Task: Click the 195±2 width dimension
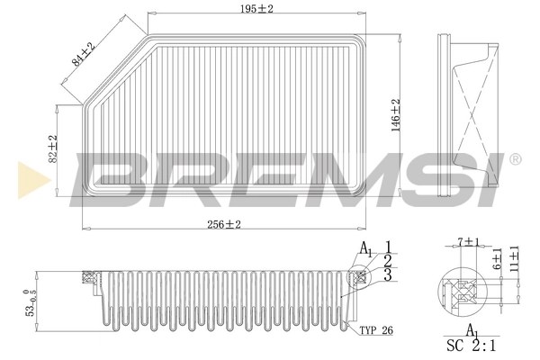point(256,9)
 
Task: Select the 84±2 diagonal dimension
point(83,54)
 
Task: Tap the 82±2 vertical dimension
point(53,148)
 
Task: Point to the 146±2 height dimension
point(396,115)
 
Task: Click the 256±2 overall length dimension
point(224,225)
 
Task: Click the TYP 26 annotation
point(376,330)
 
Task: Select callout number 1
point(388,247)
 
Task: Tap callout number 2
point(388,261)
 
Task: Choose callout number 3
point(388,275)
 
